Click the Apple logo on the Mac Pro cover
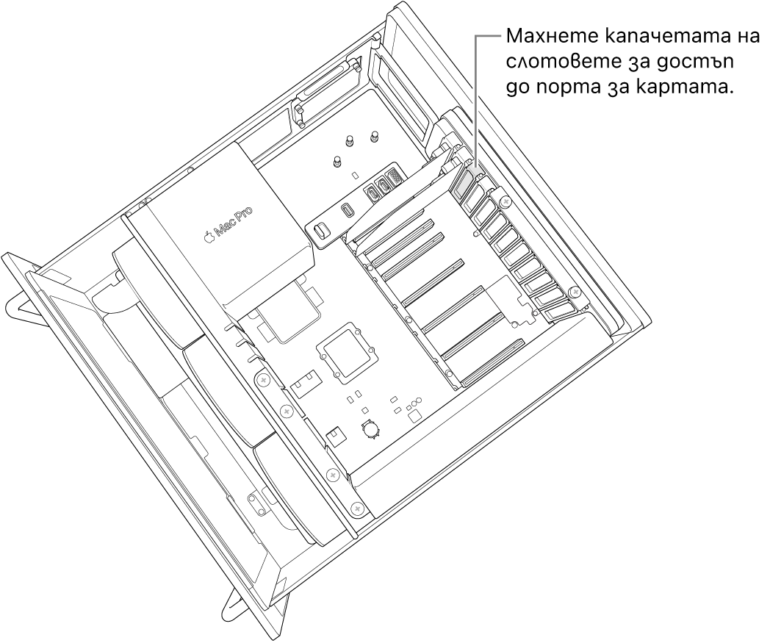[x=209, y=237]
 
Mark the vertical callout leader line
[x=476, y=96]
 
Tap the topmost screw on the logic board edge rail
[x=262, y=379]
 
